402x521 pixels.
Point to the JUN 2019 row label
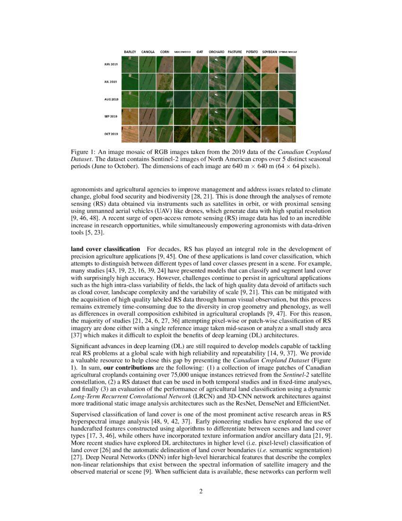pos(111,64)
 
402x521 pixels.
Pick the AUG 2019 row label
pos(111,99)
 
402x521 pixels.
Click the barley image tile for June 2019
pos(130,64)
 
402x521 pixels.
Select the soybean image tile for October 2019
pos(270,134)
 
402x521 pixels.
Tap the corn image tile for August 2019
pos(165,99)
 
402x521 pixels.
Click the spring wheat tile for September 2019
pos(287,117)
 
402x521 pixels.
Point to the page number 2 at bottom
pos(201,491)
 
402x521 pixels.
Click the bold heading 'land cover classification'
pos(105,249)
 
